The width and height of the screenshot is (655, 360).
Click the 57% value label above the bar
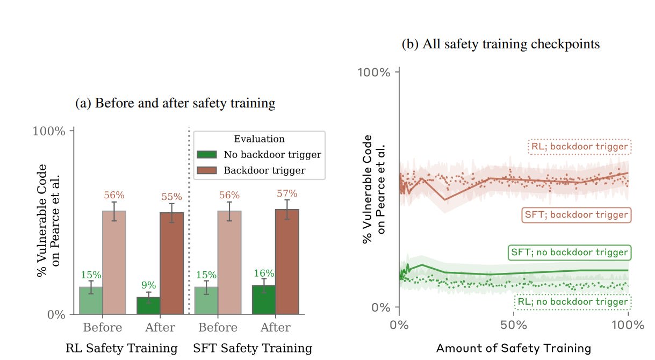pyautogui.click(x=287, y=193)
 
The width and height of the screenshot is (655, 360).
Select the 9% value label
pyautogui.click(x=149, y=285)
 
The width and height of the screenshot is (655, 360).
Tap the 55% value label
pyautogui.click(x=172, y=197)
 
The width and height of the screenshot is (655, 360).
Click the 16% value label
pyautogui.click(x=264, y=273)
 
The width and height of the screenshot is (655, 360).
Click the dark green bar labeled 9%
pyautogui.click(x=148, y=305)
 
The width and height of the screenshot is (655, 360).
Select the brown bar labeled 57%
pyautogui.click(x=287, y=261)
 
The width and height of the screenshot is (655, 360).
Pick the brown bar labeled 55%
pyautogui.click(x=172, y=263)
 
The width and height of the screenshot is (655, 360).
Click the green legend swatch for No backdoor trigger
pyautogui.click(x=207, y=155)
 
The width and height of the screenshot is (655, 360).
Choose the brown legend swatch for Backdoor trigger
pyautogui.click(x=207, y=170)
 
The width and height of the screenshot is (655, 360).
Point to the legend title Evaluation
pyautogui.click(x=259, y=139)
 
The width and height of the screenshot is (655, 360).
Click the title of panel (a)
pyautogui.click(x=175, y=103)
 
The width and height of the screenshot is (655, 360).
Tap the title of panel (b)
pyautogui.click(x=501, y=44)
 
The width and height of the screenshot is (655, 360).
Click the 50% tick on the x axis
pyautogui.click(x=513, y=325)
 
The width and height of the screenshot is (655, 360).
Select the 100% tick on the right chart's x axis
pyautogui.click(x=628, y=325)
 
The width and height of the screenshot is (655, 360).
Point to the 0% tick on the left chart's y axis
pyautogui.click(x=56, y=314)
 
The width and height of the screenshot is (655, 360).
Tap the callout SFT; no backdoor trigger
pyautogui.click(x=569, y=252)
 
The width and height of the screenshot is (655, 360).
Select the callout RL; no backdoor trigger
pyautogui.click(x=572, y=302)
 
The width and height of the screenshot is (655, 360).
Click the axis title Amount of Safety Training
pyautogui.click(x=514, y=348)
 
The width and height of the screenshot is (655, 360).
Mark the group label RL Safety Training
pyautogui.click(x=121, y=348)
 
